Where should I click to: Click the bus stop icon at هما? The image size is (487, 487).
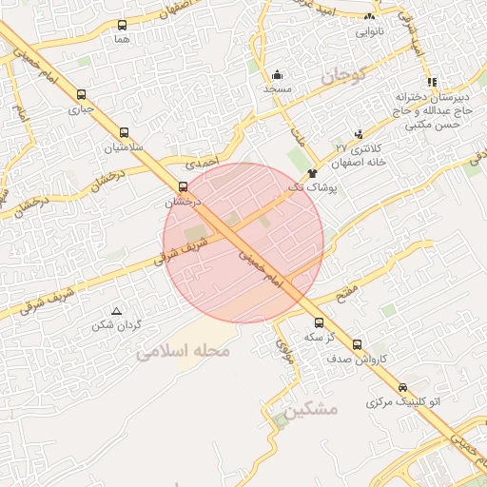click(121, 26)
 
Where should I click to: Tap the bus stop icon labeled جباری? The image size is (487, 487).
click(81, 95)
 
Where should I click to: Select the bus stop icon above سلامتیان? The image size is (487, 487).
click(124, 133)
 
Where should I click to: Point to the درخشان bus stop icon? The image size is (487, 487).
click(184, 186)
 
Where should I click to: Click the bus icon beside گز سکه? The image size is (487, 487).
click(319, 322)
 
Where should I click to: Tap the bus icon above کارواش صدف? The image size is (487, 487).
click(357, 344)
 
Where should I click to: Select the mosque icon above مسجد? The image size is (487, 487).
click(277, 74)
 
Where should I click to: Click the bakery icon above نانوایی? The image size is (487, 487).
click(370, 17)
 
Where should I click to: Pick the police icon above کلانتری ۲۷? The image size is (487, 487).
click(359, 134)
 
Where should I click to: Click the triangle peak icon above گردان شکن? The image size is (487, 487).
click(117, 311)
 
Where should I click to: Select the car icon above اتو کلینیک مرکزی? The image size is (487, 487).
click(403, 388)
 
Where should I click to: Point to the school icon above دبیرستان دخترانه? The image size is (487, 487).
click(432, 82)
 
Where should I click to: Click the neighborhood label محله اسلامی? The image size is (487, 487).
click(184, 351)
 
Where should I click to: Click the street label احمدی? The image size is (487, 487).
click(203, 163)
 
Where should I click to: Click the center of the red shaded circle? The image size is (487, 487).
click(243, 243)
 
